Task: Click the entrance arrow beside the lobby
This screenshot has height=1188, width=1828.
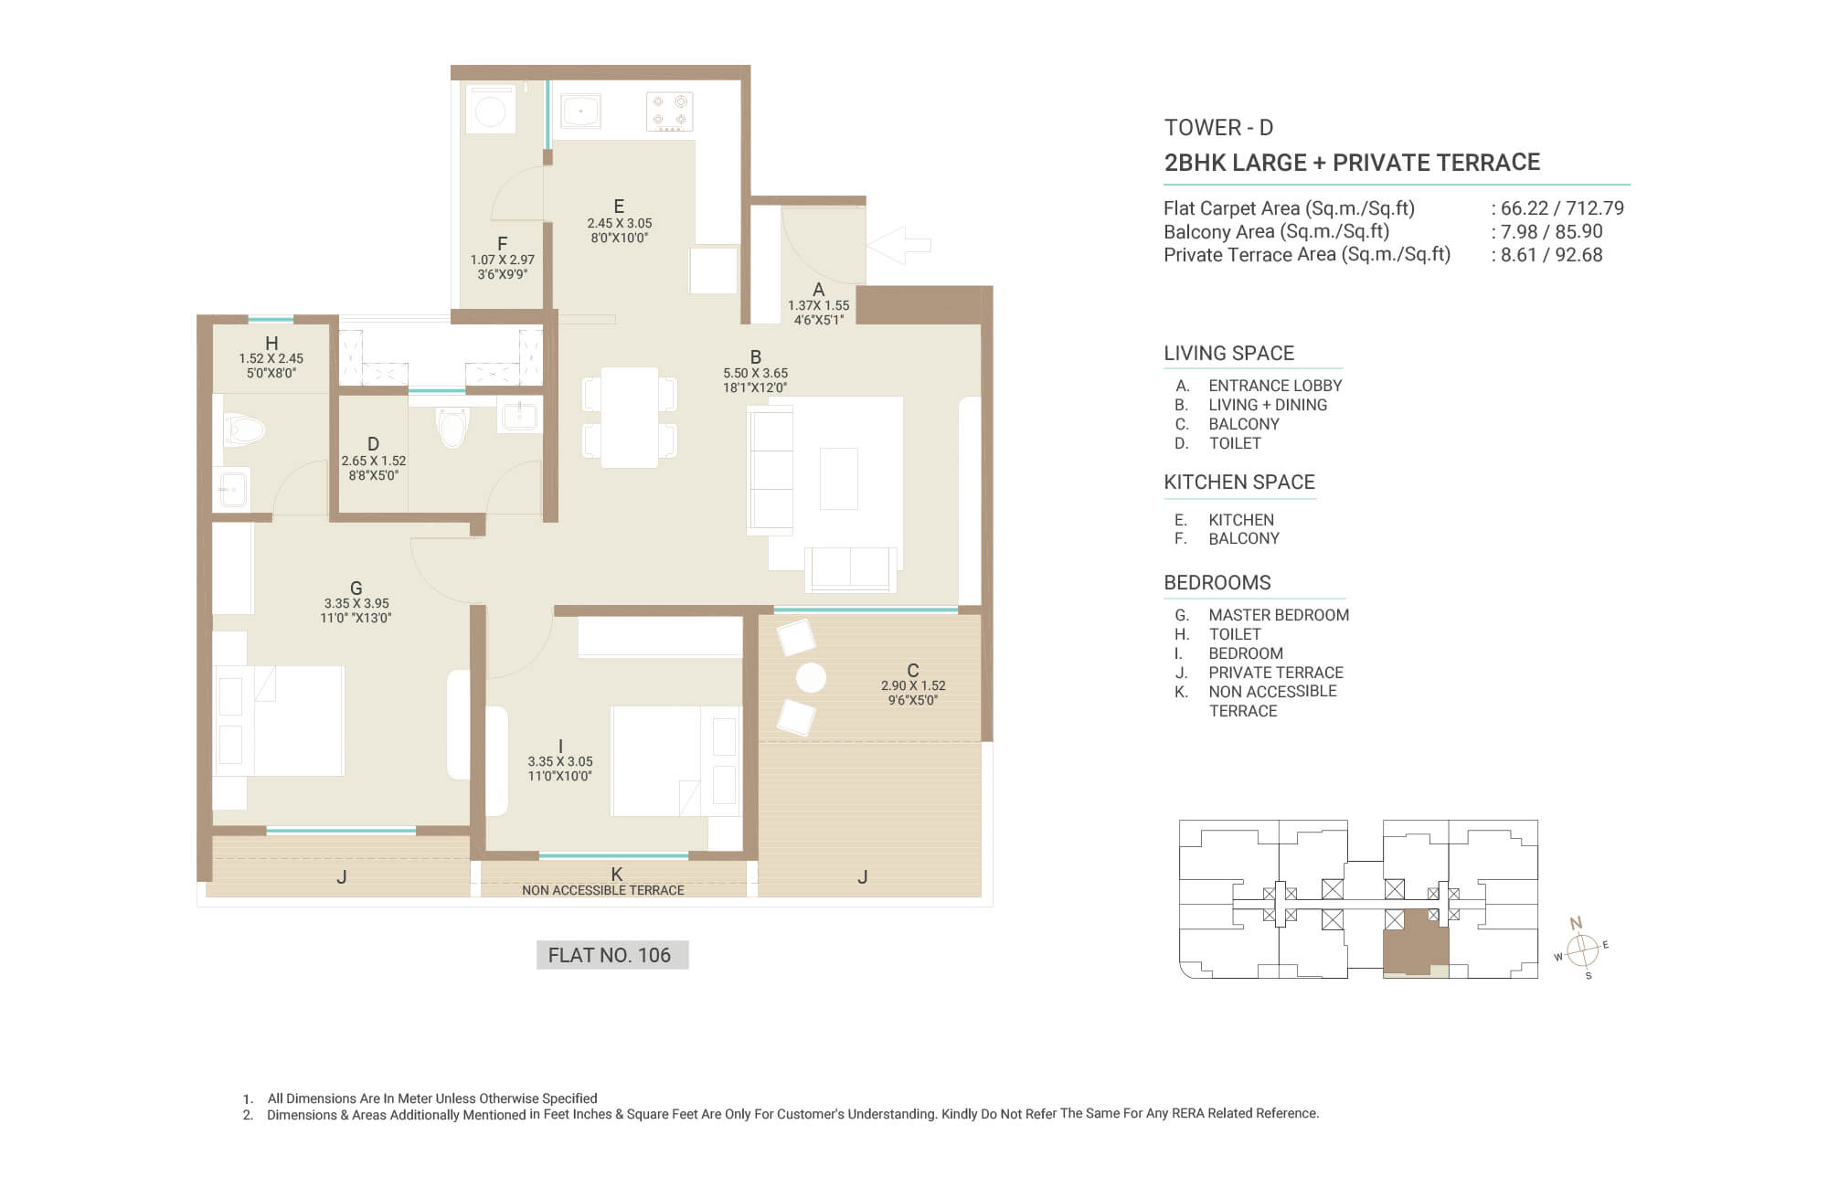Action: [898, 245]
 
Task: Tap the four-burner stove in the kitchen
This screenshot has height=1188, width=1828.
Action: [669, 111]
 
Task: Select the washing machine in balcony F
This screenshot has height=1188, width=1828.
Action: [491, 110]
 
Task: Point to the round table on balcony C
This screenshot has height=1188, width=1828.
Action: [811, 678]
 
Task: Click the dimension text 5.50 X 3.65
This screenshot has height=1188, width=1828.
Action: [755, 373]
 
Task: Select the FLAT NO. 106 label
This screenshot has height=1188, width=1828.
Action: [610, 955]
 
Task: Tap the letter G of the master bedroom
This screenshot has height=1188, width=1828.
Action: [356, 588]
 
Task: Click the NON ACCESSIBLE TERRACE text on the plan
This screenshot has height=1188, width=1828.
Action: [603, 890]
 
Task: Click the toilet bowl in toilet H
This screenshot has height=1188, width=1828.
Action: [244, 430]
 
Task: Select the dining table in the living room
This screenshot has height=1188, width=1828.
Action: [630, 418]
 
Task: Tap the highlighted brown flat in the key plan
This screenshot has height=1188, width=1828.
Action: [1415, 942]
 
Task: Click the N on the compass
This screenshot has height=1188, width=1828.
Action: [1576, 923]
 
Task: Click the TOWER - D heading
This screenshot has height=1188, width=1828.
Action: [1218, 128]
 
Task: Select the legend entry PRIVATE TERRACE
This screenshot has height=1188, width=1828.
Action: [1276, 673]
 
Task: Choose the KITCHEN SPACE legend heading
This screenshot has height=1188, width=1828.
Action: [1239, 483]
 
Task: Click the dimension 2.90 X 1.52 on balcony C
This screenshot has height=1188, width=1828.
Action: [913, 685]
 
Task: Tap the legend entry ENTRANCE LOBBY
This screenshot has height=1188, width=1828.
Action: [1275, 386]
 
